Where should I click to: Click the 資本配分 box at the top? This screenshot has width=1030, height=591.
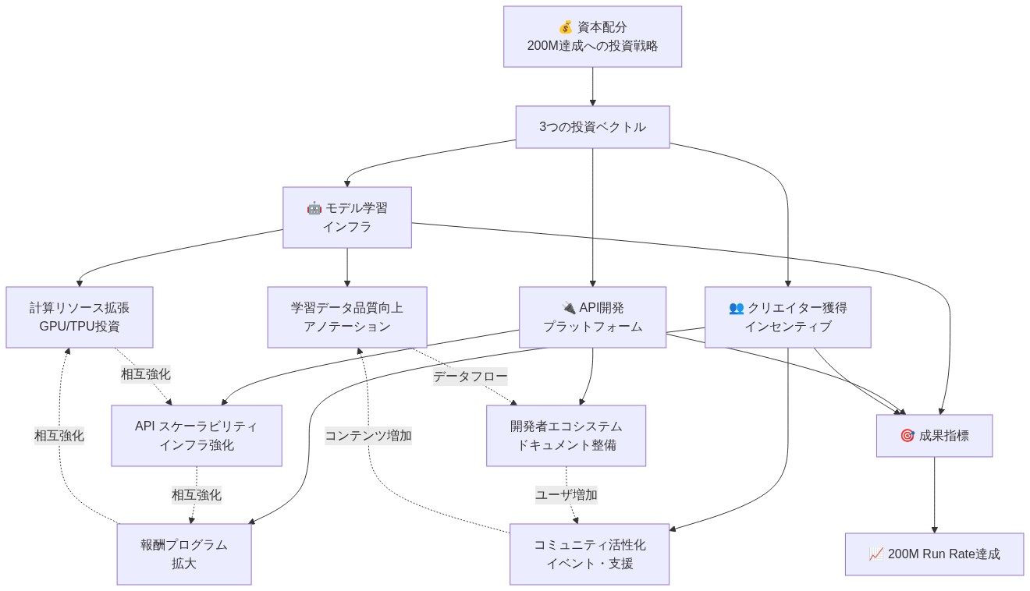[592, 37]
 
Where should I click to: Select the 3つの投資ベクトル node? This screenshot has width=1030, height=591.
[592, 126]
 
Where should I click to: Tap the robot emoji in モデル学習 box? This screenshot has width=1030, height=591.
[314, 208]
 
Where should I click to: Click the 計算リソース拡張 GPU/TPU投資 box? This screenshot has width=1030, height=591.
[79, 317]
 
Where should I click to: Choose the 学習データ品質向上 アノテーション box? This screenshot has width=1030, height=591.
[346, 317]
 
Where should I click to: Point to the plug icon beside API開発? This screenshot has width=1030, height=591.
[568, 307]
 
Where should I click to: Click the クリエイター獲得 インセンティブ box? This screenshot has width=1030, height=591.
[787, 317]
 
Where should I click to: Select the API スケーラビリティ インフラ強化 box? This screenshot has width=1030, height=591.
[196, 435]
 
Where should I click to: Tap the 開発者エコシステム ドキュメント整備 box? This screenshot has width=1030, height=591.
[566, 435]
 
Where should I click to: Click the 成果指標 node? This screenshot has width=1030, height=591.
[934, 435]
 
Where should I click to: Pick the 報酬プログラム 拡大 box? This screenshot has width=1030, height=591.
[184, 554]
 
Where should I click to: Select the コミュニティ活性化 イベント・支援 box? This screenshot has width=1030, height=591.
[589, 554]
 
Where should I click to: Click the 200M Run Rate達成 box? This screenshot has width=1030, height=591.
[934, 554]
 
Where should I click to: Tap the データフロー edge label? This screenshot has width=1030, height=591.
[470, 377]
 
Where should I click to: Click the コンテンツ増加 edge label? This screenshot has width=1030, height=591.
[368, 435]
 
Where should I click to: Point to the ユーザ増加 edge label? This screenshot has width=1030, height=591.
[566, 494]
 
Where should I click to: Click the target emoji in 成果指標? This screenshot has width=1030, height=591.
[907, 436]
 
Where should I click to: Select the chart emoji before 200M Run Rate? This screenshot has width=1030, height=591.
[875, 554]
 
